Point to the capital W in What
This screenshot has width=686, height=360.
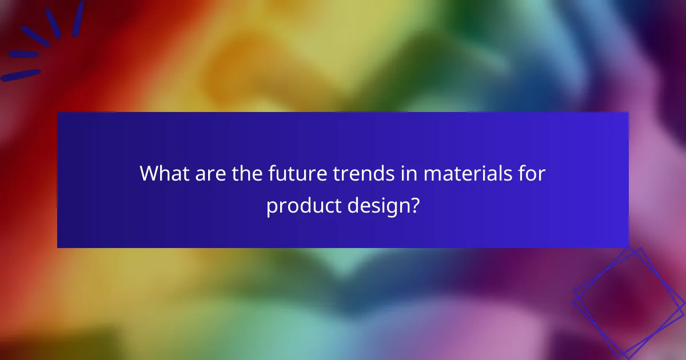[x=150, y=173]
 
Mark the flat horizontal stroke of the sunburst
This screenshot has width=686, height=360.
[x=24, y=55]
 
